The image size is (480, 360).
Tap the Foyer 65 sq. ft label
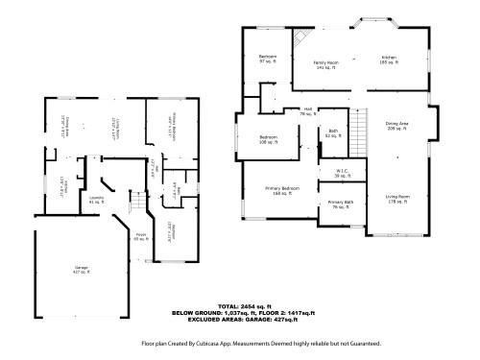139,235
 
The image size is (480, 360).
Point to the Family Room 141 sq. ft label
326,63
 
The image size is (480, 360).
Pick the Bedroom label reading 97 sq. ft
268,59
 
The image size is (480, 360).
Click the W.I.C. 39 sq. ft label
341,175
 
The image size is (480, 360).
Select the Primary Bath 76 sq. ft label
341,204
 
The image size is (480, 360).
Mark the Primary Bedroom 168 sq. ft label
282,190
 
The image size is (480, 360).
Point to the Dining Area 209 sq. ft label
396,125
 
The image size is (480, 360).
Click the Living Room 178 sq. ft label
397,200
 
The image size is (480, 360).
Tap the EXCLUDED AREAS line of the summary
249,319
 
